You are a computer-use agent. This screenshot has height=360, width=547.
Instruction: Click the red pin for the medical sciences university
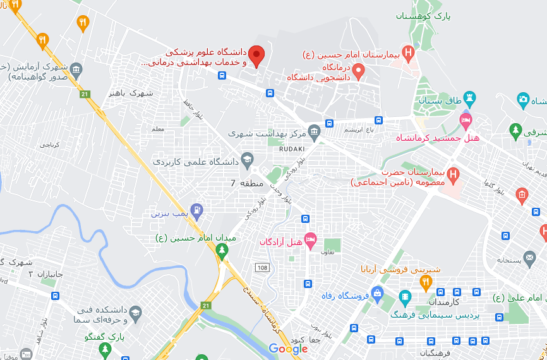pos(256,56)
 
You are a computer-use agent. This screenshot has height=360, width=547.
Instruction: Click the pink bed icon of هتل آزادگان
pos(310,239)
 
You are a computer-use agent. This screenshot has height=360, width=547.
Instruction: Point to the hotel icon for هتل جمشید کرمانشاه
pos(466,120)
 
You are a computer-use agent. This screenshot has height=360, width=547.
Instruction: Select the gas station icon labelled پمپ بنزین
pos(198,209)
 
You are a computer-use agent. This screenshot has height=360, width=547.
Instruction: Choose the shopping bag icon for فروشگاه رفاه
pos(377,293)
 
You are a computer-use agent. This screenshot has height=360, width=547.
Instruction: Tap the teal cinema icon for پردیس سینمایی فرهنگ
pos(405,296)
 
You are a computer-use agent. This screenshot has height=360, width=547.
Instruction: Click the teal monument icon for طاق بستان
pos(470,98)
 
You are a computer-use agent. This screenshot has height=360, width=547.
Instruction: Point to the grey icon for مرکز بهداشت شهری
pos(314,131)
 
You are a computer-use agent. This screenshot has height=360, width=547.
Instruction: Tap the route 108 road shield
pos(262,268)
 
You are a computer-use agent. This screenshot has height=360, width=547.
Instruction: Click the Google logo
pos(288,349)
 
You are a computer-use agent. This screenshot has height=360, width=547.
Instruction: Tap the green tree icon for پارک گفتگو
pos(116,335)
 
